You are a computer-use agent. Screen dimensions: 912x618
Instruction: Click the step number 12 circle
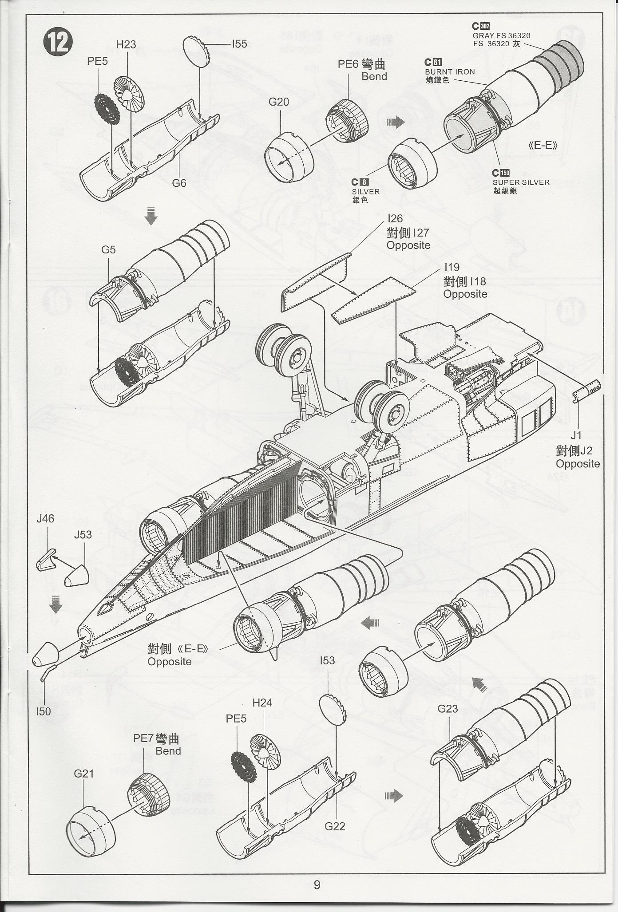(58, 43)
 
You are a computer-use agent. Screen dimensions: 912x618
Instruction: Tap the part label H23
(126, 44)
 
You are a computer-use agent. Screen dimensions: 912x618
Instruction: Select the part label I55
(239, 43)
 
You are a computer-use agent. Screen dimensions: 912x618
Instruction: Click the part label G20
(278, 102)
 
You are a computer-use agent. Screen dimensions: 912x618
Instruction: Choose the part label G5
(108, 249)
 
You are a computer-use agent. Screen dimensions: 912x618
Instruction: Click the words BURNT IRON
(449, 71)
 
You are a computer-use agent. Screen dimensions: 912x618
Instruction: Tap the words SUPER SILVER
(521, 182)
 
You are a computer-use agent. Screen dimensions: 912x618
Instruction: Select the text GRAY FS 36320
(501, 36)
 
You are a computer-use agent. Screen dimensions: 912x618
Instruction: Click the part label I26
(395, 219)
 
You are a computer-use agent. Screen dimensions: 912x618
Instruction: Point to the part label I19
(452, 268)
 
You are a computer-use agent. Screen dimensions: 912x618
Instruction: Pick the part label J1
(576, 435)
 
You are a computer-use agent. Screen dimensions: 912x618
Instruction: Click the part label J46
(45, 518)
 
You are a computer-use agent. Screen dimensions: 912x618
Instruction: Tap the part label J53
(83, 534)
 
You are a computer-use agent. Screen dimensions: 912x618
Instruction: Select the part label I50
(44, 711)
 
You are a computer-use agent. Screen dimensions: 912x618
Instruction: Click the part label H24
(262, 703)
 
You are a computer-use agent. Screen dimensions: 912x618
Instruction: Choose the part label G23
(448, 709)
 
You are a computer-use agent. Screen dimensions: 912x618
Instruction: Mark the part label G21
(84, 774)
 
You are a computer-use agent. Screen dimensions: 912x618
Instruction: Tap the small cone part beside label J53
(77, 577)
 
